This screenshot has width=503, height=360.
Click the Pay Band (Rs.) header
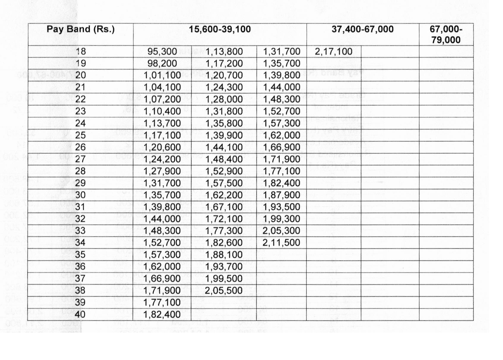click(x=80, y=29)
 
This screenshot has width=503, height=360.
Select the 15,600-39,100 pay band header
click(x=220, y=29)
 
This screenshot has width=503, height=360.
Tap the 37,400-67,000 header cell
click(x=362, y=29)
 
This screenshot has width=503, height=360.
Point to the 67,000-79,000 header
click(x=446, y=34)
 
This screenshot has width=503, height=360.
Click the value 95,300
click(x=162, y=52)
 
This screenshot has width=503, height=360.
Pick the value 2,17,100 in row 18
click(x=334, y=51)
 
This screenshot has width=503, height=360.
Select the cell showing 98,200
click(x=162, y=63)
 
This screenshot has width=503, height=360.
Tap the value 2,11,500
click(x=281, y=243)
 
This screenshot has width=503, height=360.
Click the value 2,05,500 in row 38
click(x=224, y=290)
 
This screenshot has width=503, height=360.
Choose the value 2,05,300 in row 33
click(x=281, y=231)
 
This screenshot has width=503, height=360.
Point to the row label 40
click(x=80, y=314)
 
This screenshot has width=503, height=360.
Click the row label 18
click(x=81, y=51)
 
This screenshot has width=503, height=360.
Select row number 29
click(x=80, y=183)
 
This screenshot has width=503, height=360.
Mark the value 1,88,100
click(x=224, y=255)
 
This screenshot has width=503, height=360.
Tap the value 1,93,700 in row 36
click(x=224, y=267)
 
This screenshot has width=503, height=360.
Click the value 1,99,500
click(x=224, y=278)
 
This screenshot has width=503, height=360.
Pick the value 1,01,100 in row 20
click(x=162, y=75)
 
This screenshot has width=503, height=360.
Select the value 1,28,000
click(x=224, y=99)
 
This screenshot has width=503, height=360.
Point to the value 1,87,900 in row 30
click(x=281, y=195)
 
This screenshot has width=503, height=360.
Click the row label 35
click(x=80, y=254)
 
